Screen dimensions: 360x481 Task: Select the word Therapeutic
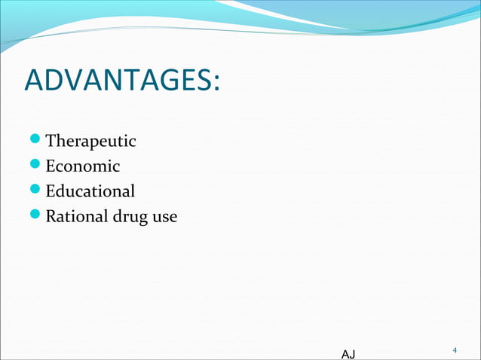(x=90, y=141)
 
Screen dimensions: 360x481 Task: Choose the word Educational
(x=90, y=191)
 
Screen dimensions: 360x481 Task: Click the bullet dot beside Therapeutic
(x=36, y=141)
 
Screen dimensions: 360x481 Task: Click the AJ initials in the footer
(x=349, y=353)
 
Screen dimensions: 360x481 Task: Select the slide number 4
(x=455, y=350)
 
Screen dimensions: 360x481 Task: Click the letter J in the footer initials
(x=353, y=353)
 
